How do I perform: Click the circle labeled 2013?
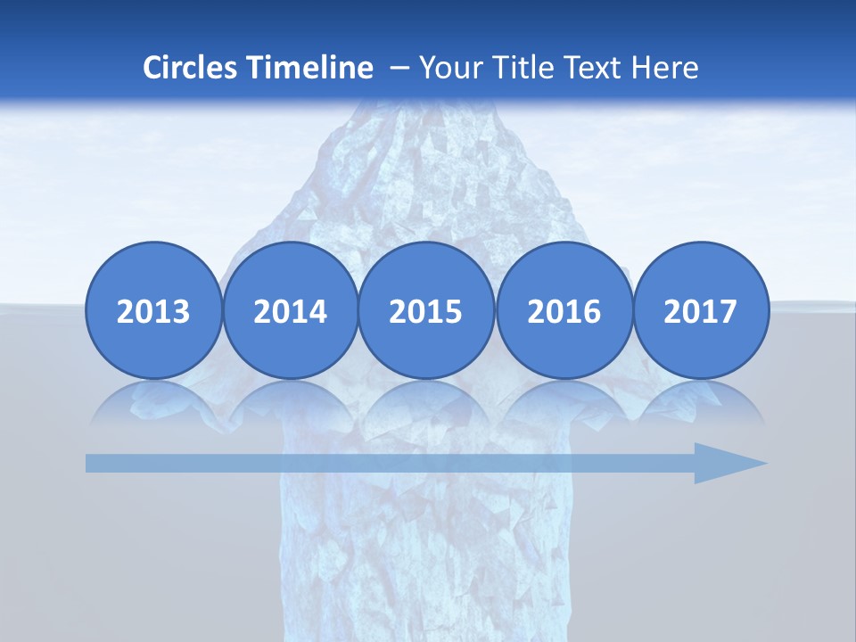click(x=153, y=311)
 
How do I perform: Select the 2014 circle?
click(x=290, y=311)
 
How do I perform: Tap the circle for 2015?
click(x=426, y=311)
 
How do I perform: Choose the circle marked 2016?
click(x=564, y=311)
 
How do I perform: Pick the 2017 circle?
click(x=700, y=311)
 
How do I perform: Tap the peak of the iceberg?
click(x=419, y=111)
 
